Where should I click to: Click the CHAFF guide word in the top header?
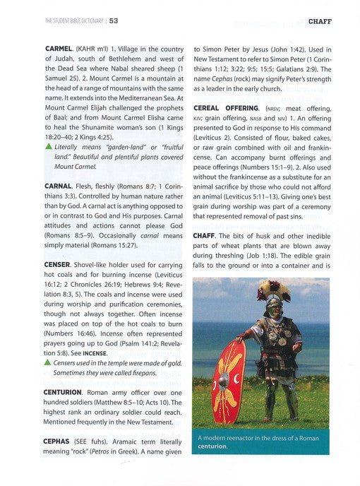coord(320,21)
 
